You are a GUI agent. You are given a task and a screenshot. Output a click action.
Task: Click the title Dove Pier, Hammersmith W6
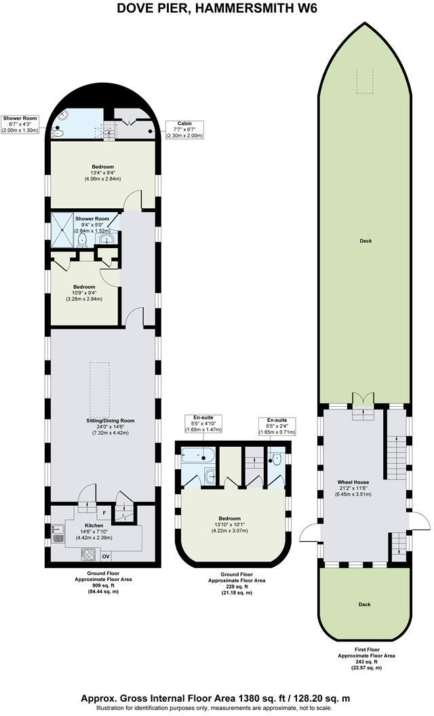pyautogui.click(x=216, y=9)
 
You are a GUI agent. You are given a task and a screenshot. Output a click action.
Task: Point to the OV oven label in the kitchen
pyautogui.click(x=105, y=557)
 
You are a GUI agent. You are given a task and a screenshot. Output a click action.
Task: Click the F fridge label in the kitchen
pyautogui.click(x=105, y=513)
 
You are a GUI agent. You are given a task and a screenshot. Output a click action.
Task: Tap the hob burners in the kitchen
pyautogui.click(x=88, y=553)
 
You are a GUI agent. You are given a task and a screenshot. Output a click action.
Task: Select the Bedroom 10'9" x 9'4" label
pyautogui.click(x=84, y=292)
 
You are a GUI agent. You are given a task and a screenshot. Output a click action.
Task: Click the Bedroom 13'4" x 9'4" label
pyautogui.click(x=103, y=172)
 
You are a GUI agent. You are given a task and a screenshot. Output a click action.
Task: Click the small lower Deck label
pyautogui.click(x=365, y=603)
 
